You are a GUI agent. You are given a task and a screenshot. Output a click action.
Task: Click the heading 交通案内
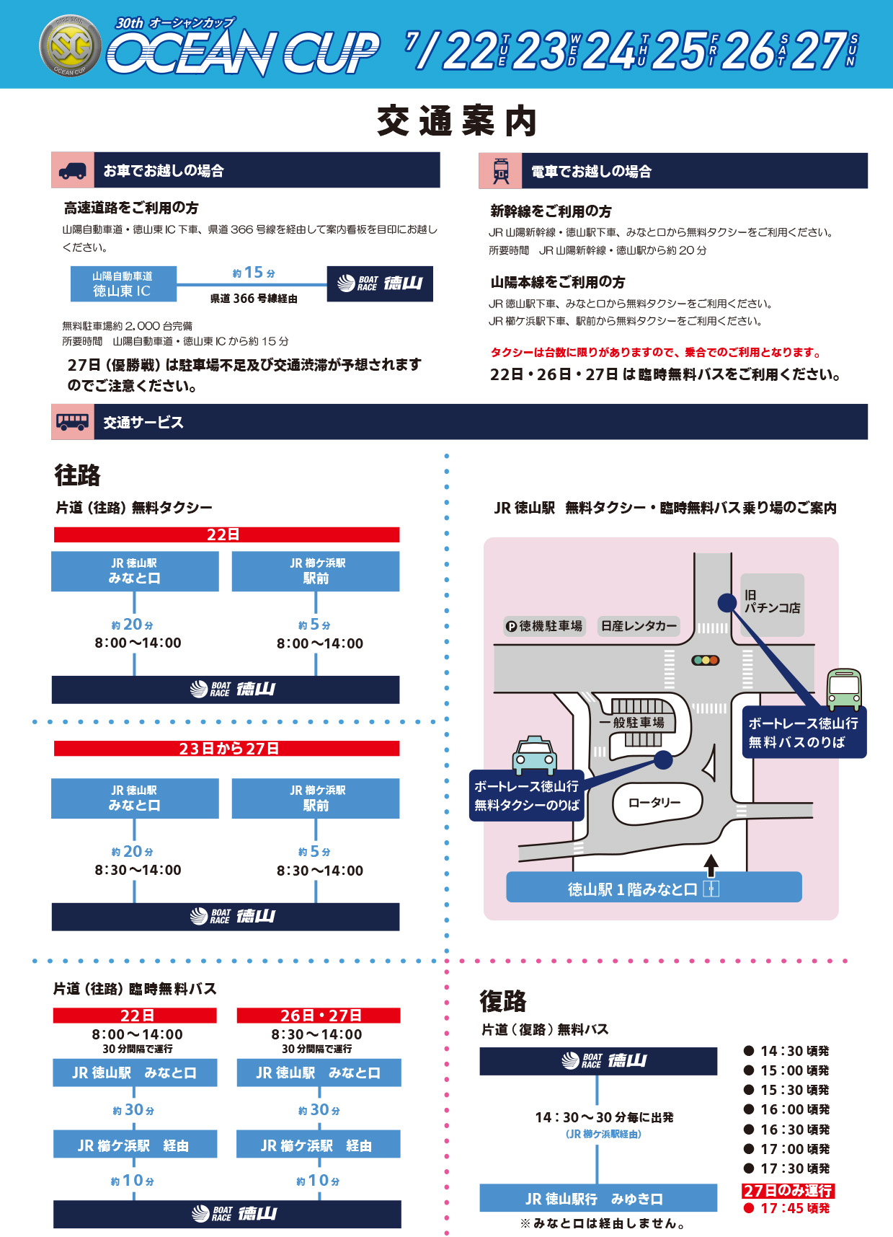click(x=457, y=120)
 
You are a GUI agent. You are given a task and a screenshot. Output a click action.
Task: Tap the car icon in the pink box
click(x=72, y=170)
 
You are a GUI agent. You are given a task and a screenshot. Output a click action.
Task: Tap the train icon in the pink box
click(x=501, y=171)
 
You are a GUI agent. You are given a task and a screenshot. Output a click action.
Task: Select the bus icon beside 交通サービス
click(x=72, y=422)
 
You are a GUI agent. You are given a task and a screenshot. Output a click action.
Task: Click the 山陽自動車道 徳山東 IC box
click(x=123, y=284)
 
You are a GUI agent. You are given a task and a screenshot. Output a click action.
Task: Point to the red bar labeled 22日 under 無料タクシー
click(x=226, y=534)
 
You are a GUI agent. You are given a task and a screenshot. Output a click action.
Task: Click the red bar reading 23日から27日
click(x=226, y=749)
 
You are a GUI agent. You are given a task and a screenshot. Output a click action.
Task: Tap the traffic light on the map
click(x=706, y=660)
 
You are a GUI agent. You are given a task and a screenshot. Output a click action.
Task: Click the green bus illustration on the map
click(x=844, y=689)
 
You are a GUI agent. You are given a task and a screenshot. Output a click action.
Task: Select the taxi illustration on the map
click(x=534, y=755)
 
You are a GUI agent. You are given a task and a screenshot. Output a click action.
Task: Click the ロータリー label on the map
click(x=654, y=803)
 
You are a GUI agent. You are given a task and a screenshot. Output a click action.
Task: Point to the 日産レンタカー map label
click(x=639, y=626)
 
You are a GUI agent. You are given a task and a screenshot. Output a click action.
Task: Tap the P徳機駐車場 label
click(x=544, y=626)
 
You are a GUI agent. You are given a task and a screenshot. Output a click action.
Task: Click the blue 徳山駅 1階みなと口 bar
click(x=654, y=887)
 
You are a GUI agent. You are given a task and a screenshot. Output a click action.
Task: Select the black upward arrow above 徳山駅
click(x=711, y=865)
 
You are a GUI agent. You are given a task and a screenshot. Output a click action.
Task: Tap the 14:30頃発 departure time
click(x=787, y=1051)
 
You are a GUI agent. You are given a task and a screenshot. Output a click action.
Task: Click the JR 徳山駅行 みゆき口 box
click(x=598, y=1198)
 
